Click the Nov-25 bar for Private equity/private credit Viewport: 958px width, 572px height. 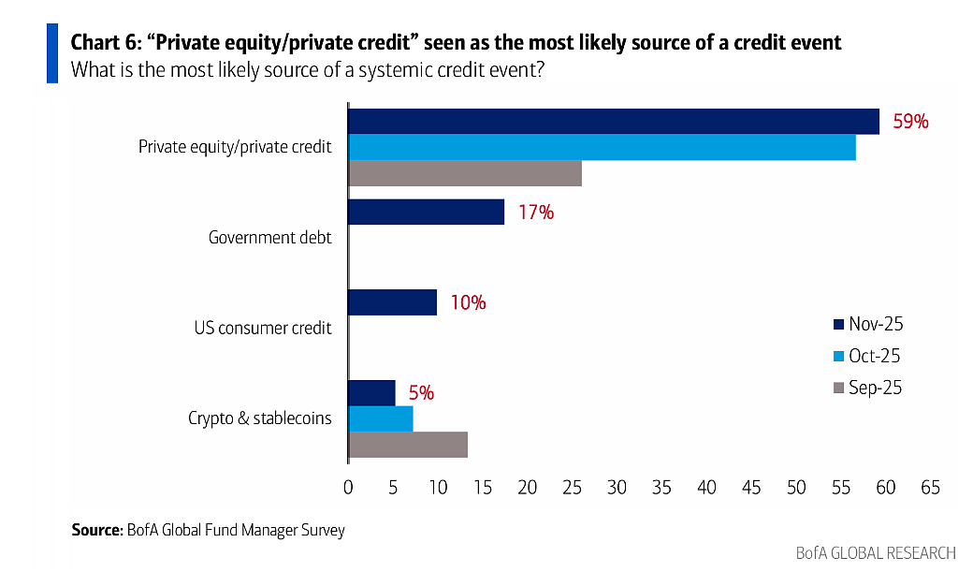tap(614, 121)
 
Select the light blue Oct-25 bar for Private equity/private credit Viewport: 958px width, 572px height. tap(602, 147)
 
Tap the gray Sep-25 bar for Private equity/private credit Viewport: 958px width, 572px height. tap(465, 173)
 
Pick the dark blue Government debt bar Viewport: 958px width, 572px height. tap(426, 212)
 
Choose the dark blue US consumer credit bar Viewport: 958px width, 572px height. tap(392, 301)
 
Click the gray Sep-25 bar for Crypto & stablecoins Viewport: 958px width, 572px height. tap(408, 445)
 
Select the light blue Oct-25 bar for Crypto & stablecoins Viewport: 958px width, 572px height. tap(381, 418)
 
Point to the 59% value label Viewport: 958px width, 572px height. tap(910, 122)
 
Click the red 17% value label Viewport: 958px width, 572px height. tap(536, 213)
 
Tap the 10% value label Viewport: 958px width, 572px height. tap(468, 302)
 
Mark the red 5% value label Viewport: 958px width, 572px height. tap(421, 393)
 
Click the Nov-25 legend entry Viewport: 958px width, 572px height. tap(868, 324)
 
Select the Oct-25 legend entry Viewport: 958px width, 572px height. tap(867, 356)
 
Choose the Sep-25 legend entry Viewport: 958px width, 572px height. tap(867, 388)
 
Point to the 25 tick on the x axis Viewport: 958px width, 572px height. tap(572, 487)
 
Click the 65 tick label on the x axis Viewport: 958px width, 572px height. tap(931, 487)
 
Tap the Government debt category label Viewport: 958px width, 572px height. tap(270, 237)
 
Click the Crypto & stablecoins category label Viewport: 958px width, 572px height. tap(260, 418)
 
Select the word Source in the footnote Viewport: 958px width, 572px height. tap(96, 529)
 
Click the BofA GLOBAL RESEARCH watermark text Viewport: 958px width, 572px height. tap(876, 553)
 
